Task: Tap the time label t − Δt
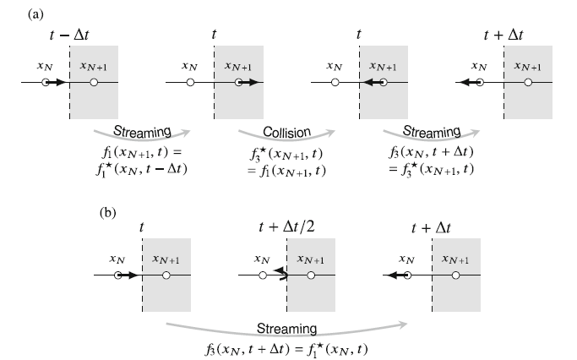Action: [69, 34]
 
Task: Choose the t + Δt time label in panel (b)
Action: [432, 226]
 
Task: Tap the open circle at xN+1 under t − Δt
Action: [94, 83]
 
